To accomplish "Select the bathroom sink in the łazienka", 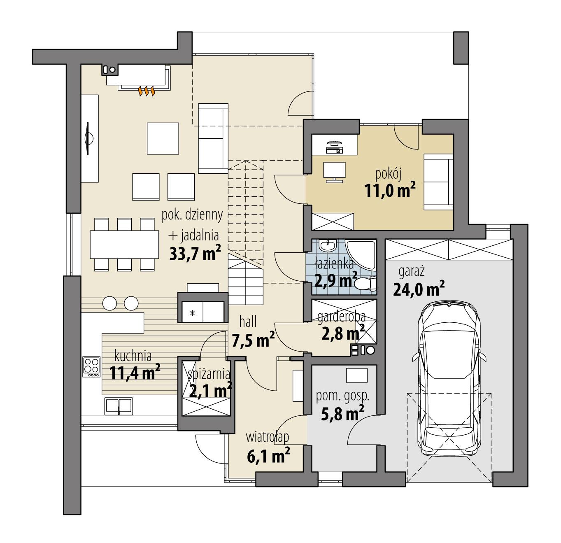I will (x=328, y=247).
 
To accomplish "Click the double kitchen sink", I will (x=119, y=405).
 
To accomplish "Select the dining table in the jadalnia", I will (x=124, y=244).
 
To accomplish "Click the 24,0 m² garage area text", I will (x=419, y=289).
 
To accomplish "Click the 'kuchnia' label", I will (x=133, y=355).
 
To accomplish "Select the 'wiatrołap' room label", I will (x=268, y=436).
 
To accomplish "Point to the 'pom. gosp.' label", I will (x=342, y=396).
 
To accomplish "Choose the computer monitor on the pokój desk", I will (x=334, y=171).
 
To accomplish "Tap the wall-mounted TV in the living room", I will (x=89, y=138).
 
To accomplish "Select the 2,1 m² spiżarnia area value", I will (x=210, y=389).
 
